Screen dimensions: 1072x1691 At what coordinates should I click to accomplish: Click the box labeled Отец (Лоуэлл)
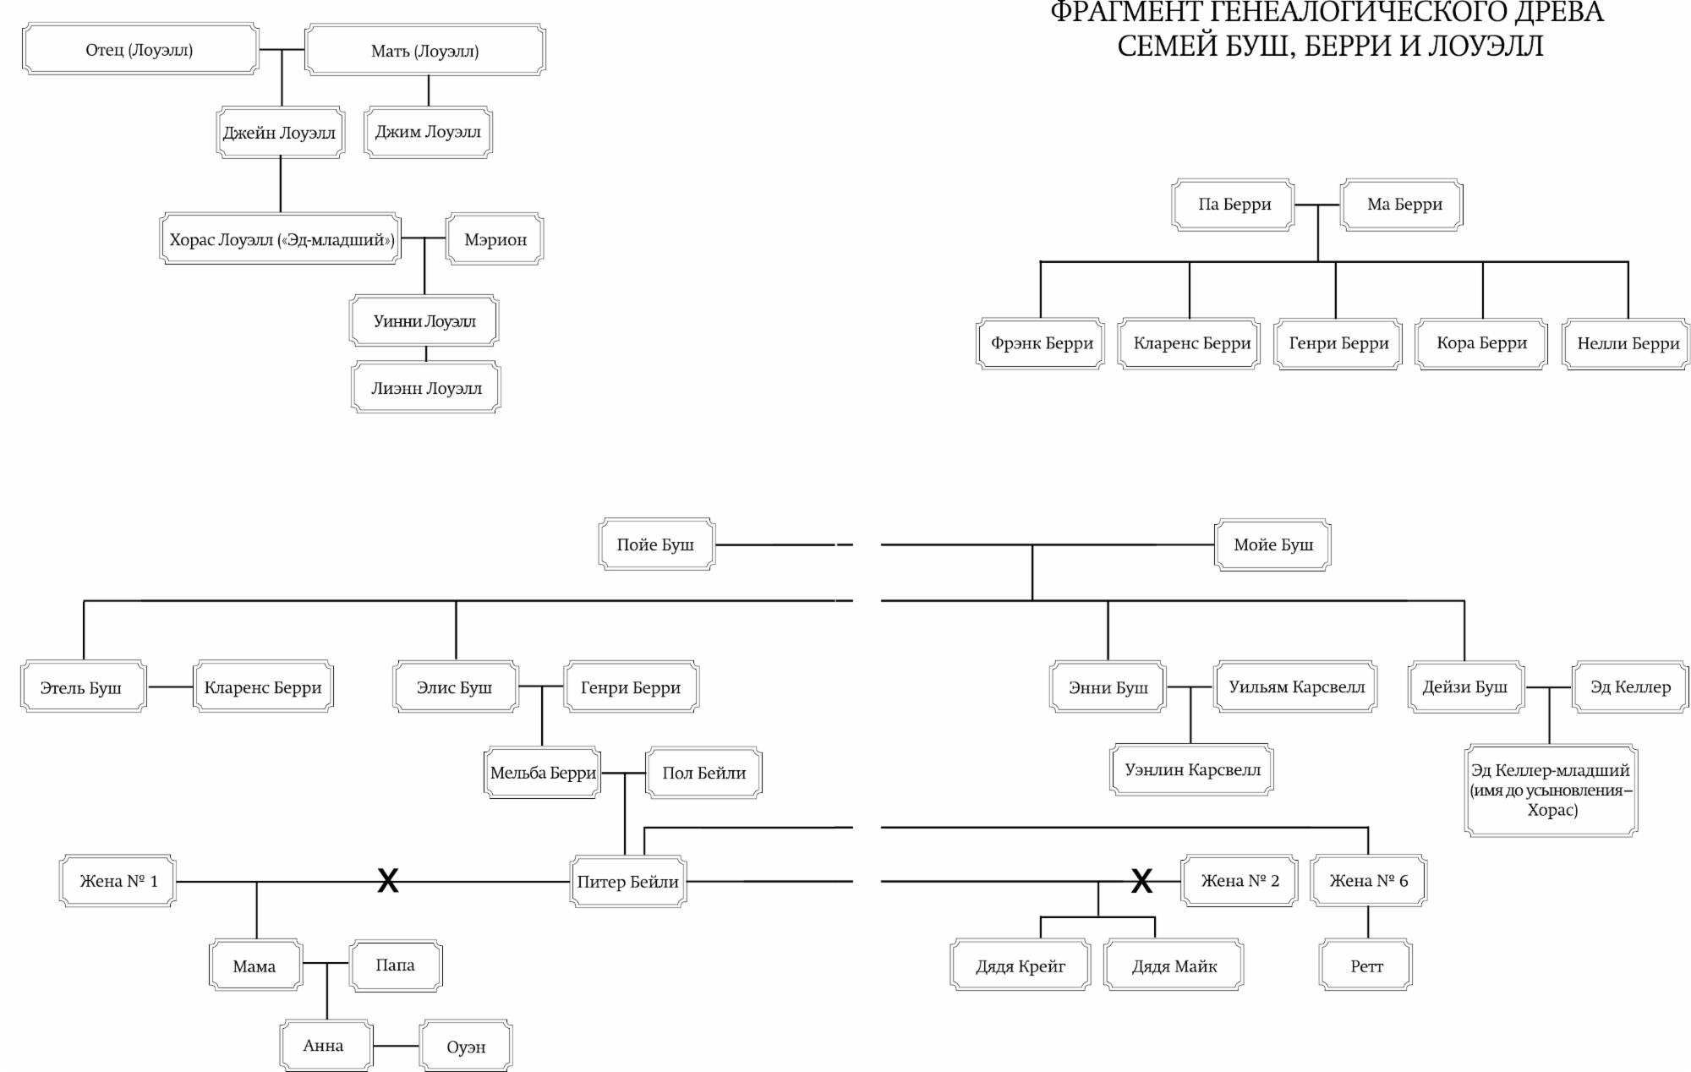140,50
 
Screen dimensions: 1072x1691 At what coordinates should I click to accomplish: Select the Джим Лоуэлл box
428,132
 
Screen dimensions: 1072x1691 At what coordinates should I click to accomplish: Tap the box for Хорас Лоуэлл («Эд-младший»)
281,239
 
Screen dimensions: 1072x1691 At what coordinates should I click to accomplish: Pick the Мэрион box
495,239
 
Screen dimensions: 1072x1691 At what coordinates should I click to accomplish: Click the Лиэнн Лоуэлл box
426,388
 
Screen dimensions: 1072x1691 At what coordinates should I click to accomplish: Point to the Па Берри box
1234,205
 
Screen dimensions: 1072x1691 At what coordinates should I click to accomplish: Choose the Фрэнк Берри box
1041,343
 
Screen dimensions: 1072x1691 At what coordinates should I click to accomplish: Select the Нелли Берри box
1628,343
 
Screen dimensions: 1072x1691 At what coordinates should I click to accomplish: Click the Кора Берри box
1481,343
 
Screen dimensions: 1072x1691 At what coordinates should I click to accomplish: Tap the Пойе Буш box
656,544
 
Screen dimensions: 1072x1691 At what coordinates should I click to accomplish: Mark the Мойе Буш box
1272,544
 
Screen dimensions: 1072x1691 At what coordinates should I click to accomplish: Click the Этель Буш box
82,687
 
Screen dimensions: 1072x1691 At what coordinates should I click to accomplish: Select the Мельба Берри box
543,773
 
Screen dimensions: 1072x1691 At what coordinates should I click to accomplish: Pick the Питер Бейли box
627,882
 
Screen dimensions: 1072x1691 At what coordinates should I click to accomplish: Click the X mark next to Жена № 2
1141,882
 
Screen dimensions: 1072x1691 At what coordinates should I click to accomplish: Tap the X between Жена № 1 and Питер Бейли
387,882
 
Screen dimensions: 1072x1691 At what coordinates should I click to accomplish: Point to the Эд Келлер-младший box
1551,790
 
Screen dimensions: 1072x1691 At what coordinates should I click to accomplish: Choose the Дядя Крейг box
1020,965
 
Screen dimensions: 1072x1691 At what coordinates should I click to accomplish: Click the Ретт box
1366,965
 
